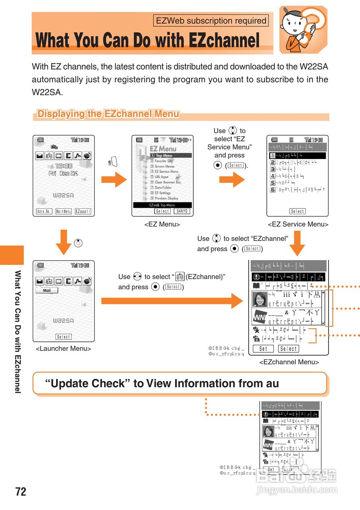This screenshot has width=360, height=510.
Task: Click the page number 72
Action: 21,492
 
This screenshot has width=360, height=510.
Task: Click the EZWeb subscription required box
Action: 211,21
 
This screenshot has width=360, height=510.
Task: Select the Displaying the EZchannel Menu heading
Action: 108,114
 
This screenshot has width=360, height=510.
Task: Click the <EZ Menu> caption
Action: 162,224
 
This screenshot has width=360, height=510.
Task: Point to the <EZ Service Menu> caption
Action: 298,224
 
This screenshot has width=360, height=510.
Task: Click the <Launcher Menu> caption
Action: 63,349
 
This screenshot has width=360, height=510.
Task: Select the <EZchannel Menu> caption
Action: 289,362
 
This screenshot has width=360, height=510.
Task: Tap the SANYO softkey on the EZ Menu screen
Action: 182,211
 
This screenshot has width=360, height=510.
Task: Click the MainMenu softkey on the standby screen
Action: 63,211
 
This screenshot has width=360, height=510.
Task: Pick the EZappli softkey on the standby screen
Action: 83,211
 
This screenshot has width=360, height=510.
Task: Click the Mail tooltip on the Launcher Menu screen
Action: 47,290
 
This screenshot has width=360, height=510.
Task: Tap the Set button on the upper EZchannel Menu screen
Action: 263,349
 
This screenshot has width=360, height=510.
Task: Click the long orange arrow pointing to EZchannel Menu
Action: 171,301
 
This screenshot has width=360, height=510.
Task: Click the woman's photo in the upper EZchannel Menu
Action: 260,299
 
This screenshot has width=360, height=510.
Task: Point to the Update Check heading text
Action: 162,384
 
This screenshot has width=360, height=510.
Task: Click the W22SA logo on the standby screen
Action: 63,196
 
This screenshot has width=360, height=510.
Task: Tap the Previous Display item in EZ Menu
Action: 166,198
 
